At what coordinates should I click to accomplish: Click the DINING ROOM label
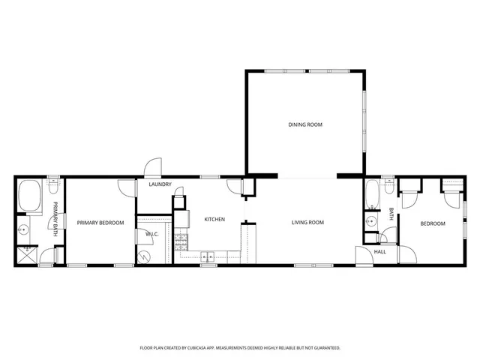click(305, 124)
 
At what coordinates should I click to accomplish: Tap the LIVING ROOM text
click(307, 223)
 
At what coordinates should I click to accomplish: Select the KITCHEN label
click(215, 219)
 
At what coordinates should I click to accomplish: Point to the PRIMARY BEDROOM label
click(100, 223)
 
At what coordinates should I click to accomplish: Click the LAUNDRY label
click(160, 184)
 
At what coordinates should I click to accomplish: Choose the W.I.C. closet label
click(151, 235)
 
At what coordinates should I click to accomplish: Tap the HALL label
click(380, 252)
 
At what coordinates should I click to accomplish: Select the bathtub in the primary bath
click(31, 196)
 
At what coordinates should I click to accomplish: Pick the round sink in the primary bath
click(25, 231)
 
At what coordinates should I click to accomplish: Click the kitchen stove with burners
click(181, 241)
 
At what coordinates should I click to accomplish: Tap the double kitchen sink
click(208, 257)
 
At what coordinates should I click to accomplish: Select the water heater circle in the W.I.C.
click(145, 256)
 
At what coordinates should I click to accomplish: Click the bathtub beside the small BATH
click(372, 196)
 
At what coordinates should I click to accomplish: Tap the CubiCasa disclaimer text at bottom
click(240, 348)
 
